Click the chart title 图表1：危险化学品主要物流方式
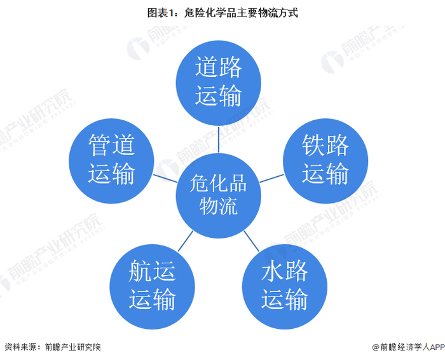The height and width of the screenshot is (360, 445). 222,12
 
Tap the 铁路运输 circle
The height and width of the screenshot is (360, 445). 325,160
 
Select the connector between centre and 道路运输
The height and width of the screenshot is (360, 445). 218,138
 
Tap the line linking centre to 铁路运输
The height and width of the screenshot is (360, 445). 271,177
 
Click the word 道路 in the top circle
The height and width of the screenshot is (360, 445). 218,67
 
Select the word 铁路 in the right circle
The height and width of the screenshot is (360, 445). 325,146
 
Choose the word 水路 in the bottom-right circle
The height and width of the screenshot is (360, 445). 284,272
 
